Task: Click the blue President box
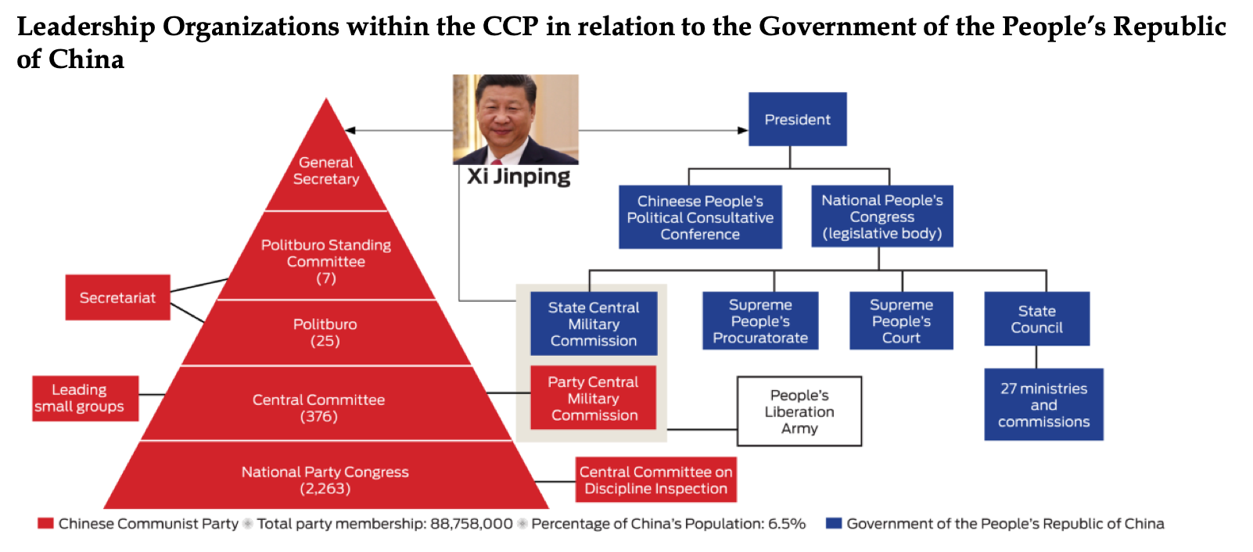pyautogui.click(x=797, y=119)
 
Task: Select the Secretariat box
pyautogui.click(x=117, y=297)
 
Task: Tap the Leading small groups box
pyautogui.click(x=85, y=398)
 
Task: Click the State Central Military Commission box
pyautogui.click(x=594, y=324)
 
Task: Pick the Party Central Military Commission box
pyautogui.click(x=594, y=398)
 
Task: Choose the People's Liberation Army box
pyautogui.click(x=799, y=411)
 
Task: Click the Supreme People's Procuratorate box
pyautogui.click(x=760, y=321)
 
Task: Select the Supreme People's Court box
pyautogui.click(x=901, y=321)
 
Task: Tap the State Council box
pyautogui.click(x=1036, y=319)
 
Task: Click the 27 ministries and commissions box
pyautogui.click(x=1044, y=404)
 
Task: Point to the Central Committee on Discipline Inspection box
pyautogui.click(x=656, y=479)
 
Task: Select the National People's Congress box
pyautogui.click(x=882, y=217)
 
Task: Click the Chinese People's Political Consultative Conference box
pyautogui.click(x=700, y=217)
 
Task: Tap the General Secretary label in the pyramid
pyautogui.click(x=326, y=170)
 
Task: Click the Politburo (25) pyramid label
pyautogui.click(x=325, y=332)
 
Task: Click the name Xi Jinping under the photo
pyautogui.click(x=519, y=177)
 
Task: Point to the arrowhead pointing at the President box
pyautogui.click(x=743, y=131)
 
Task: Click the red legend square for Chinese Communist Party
pyautogui.click(x=45, y=524)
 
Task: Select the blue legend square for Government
pyautogui.click(x=834, y=524)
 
